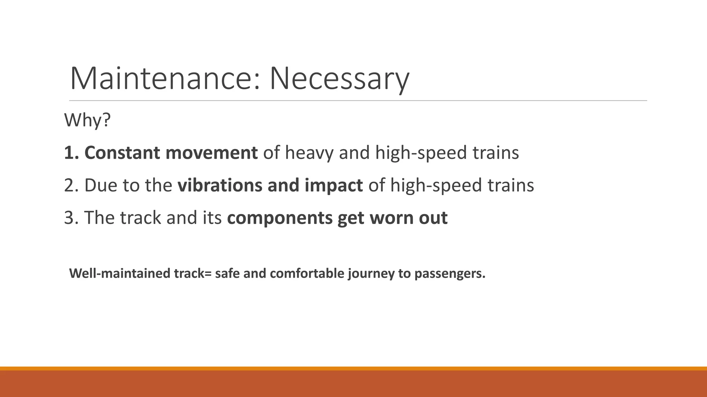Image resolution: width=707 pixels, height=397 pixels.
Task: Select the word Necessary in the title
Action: (339, 79)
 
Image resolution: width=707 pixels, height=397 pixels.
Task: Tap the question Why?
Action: (87, 120)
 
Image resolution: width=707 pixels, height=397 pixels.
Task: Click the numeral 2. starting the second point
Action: (71, 185)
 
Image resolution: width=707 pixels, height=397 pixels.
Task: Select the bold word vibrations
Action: (220, 185)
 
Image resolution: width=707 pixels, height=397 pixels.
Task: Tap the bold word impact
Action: (333, 186)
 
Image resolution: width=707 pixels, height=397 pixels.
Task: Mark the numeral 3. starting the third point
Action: (71, 218)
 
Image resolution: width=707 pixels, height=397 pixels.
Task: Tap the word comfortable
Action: (307, 273)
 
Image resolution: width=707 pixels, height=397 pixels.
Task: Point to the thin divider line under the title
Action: (358, 101)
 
